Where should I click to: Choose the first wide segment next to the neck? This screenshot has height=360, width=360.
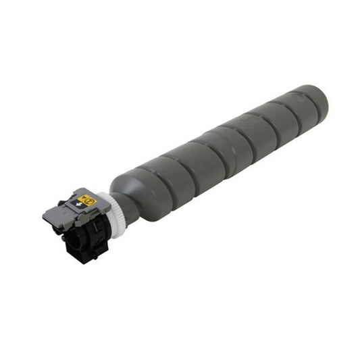[145, 186]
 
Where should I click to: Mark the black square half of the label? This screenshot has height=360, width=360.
[76, 205]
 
